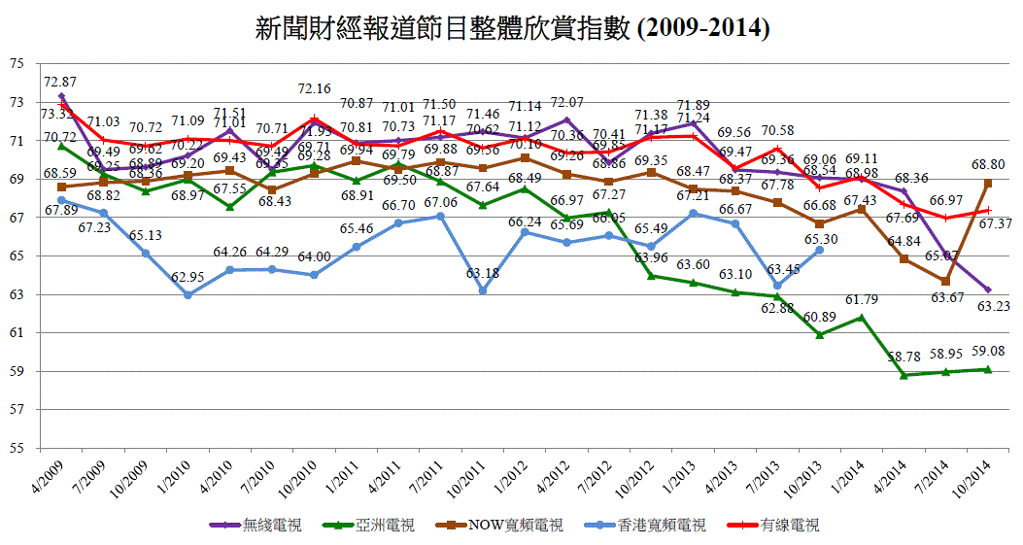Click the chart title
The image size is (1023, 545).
(512, 28)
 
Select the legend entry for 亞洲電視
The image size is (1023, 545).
(365, 526)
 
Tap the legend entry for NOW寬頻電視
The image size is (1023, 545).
(494, 526)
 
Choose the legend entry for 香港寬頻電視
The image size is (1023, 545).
(645, 526)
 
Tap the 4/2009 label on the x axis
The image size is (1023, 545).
(48, 471)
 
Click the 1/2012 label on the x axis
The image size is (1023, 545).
(512, 471)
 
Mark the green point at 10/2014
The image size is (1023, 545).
(988, 369)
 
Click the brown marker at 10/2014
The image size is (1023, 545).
(988, 183)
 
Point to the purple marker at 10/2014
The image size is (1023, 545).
(988, 290)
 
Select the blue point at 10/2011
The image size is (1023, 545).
(483, 290)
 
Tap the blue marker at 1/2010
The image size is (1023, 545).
(188, 295)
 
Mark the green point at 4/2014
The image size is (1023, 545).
(904, 375)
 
